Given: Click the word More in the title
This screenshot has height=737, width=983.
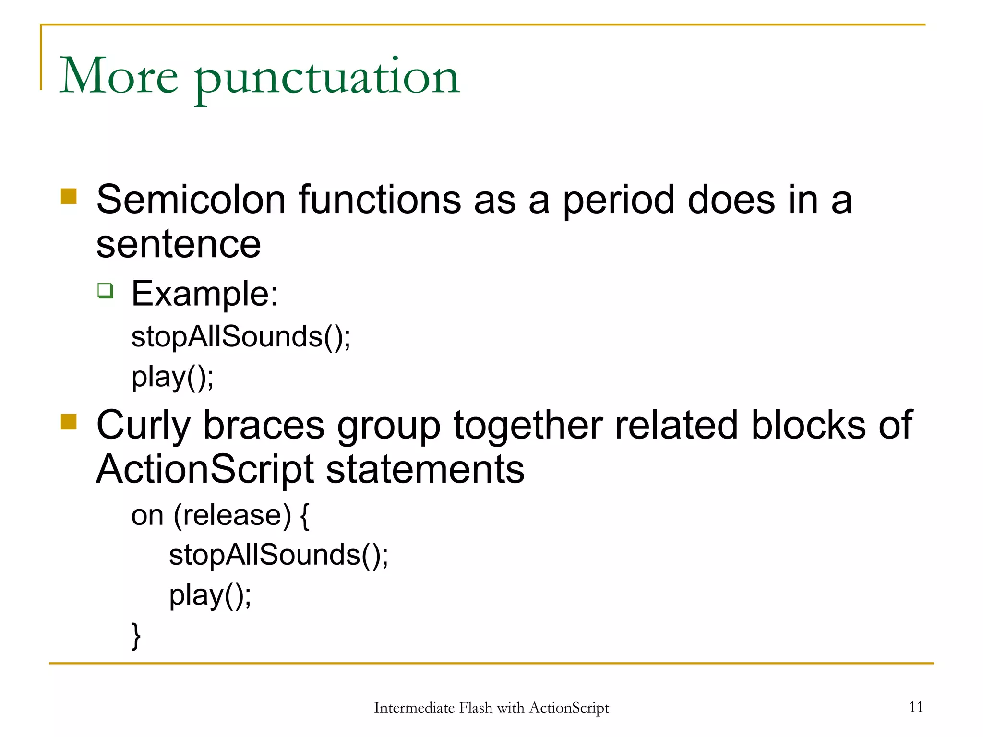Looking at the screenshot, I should pos(119,76).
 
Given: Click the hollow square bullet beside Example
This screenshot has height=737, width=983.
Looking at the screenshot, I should pos(105,291).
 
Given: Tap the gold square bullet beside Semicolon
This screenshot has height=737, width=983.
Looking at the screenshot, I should pos(69,196).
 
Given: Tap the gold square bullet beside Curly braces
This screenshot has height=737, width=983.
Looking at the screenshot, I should pos(69,422).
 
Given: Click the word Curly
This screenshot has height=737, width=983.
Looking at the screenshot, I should pos(144,426).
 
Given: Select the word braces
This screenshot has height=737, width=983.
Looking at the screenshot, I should pos(264,426).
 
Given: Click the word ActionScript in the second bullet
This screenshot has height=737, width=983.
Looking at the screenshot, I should pos(204,470).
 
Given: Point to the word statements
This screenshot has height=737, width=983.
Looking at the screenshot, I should pos(425,470).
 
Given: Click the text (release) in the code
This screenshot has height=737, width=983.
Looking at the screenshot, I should pos(232,516).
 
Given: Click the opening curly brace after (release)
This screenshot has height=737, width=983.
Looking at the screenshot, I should pos(304,516).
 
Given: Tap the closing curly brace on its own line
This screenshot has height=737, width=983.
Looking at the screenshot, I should pos(136,636).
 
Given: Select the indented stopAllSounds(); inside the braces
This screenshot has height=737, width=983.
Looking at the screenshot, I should pos(278,556).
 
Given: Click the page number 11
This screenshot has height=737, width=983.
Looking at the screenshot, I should pos(916,707).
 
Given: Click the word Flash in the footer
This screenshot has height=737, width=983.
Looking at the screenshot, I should pos(475,708).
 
